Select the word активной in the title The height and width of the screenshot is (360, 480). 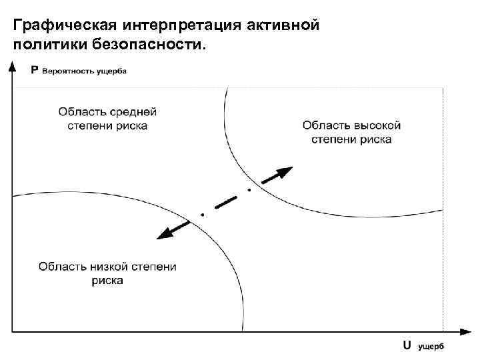tap(284, 26)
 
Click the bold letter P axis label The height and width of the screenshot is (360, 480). tap(34, 70)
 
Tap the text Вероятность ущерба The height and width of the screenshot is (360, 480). tap(84, 71)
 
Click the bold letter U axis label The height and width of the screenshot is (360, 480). tap(406, 345)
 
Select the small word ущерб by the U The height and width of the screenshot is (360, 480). tap(431, 346)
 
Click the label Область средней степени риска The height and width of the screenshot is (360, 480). tap(107, 118)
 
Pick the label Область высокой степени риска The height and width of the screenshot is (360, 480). tap(351, 132)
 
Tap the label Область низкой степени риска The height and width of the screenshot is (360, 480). tap(107, 273)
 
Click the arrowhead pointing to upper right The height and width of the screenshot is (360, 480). tap(283, 172)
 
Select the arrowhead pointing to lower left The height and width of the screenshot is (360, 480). tap(162, 233)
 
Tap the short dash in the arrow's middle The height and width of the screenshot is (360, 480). tap(226, 203)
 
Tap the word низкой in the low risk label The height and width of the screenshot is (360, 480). tap(103, 267)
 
